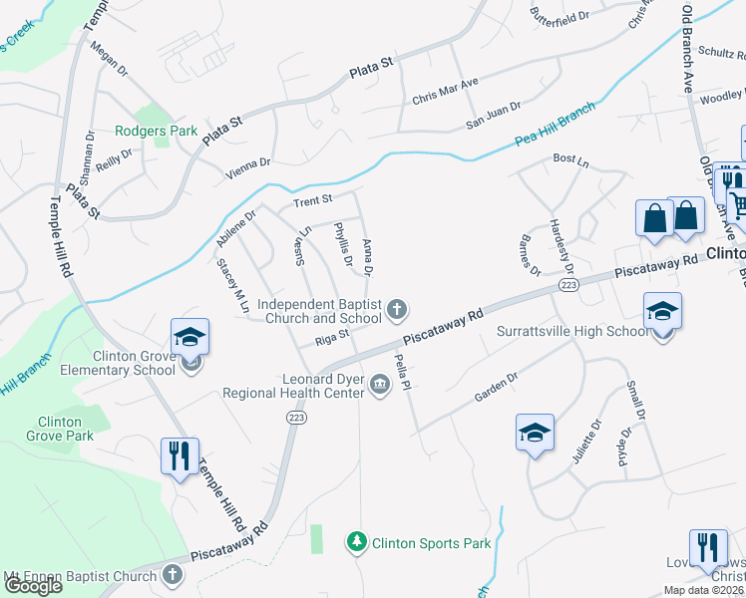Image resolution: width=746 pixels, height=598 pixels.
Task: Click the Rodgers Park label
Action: [x=155, y=131]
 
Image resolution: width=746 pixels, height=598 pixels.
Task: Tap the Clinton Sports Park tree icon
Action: [x=356, y=542]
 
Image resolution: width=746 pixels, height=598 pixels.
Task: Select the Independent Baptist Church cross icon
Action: [x=397, y=310]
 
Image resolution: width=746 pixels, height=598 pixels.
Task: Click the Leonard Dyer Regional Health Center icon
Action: [x=379, y=384]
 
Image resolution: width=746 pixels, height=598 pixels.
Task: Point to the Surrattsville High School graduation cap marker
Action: [x=662, y=313]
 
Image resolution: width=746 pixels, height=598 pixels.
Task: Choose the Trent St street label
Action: [x=311, y=202]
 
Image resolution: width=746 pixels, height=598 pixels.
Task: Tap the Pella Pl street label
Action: [x=405, y=370]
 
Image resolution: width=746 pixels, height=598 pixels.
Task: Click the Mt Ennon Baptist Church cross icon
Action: [x=173, y=575]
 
